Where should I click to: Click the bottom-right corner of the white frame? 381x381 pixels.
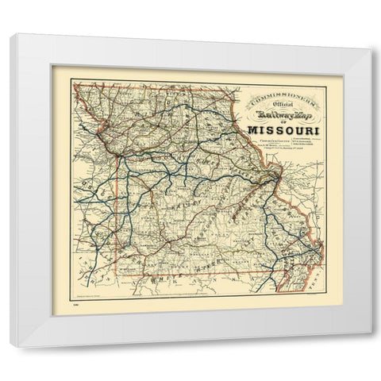pyautogui.click(x=370, y=346)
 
